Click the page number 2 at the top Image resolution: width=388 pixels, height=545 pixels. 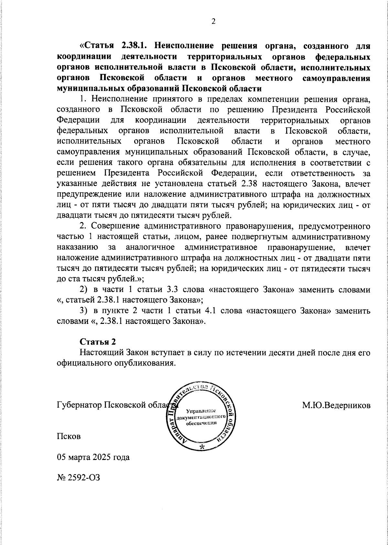click(213, 21)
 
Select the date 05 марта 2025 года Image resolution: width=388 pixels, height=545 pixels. click(93, 457)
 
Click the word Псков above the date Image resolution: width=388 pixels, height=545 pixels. click(69, 436)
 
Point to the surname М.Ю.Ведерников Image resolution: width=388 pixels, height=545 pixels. click(336, 405)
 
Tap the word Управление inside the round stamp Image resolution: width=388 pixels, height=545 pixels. click(201, 411)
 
